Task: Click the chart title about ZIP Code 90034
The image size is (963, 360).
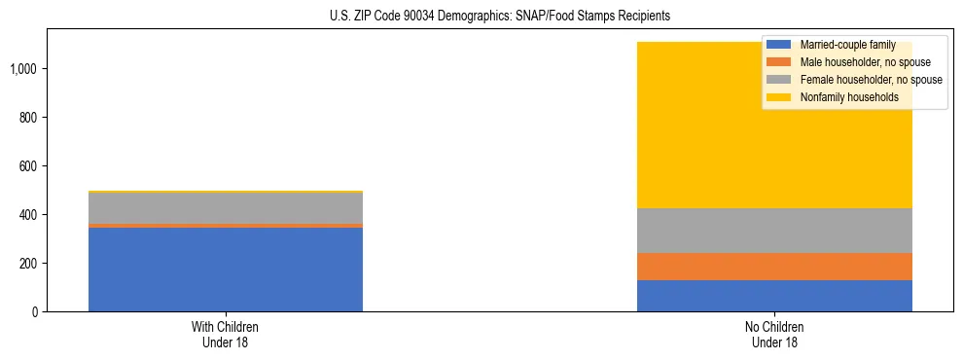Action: click(482, 17)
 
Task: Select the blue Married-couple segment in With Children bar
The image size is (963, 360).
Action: click(225, 270)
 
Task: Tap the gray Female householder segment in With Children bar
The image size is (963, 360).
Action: click(225, 207)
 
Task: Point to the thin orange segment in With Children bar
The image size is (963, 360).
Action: click(225, 225)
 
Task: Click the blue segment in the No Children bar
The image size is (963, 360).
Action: click(774, 296)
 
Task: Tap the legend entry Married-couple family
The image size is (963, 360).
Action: click(842, 45)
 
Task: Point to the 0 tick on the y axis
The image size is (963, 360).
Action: click(36, 312)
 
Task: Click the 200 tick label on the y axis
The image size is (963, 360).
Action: click(29, 264)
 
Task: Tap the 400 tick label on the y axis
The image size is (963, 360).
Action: click(29, 215)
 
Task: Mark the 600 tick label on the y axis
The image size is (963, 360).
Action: click(29, 166)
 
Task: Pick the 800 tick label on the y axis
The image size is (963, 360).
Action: click(29, 118)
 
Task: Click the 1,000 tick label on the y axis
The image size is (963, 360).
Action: click(25, 69)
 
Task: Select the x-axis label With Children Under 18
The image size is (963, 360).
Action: click(225, 335)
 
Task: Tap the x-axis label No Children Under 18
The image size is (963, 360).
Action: click(774, 335)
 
